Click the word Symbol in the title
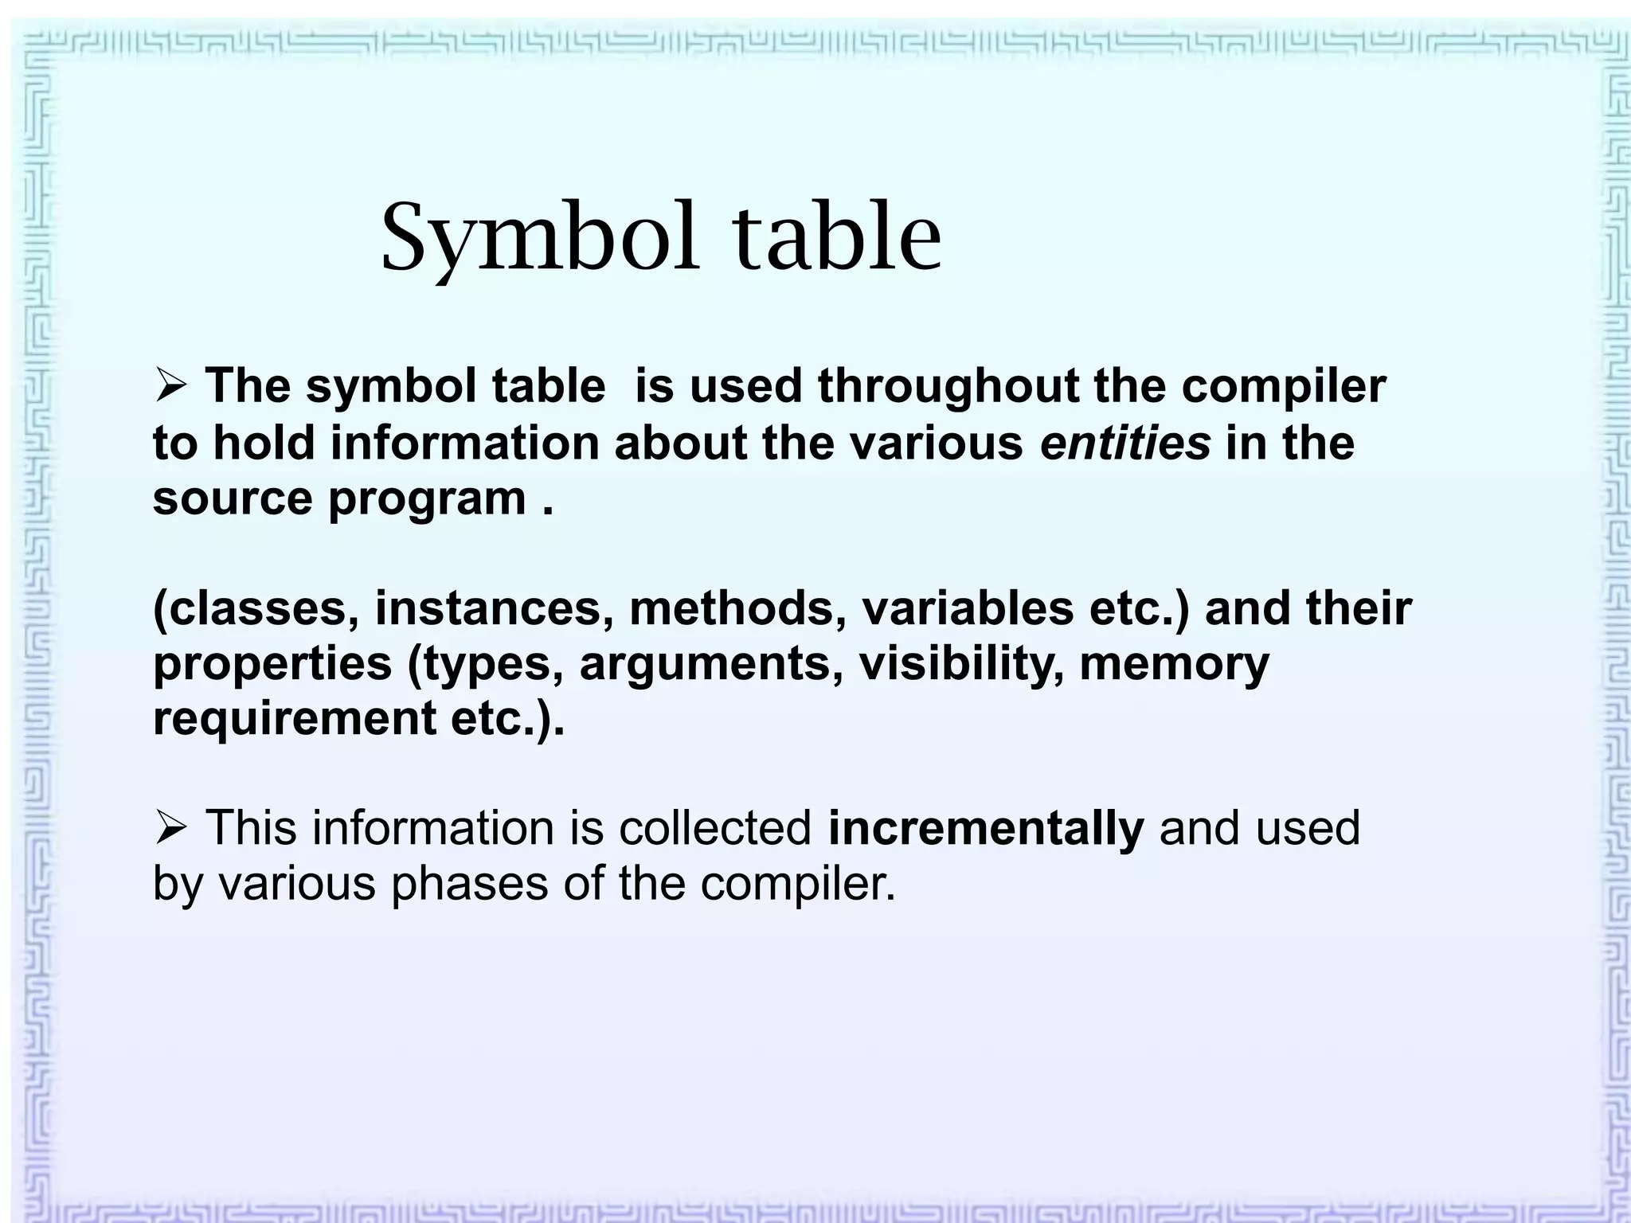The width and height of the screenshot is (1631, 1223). pos(540,238)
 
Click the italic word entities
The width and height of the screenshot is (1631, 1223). pos(1125,443)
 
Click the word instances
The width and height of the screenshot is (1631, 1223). pos(494,608)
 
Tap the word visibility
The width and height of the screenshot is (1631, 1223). pos(961,664)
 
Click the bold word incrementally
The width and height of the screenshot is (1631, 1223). pos(986,828)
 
